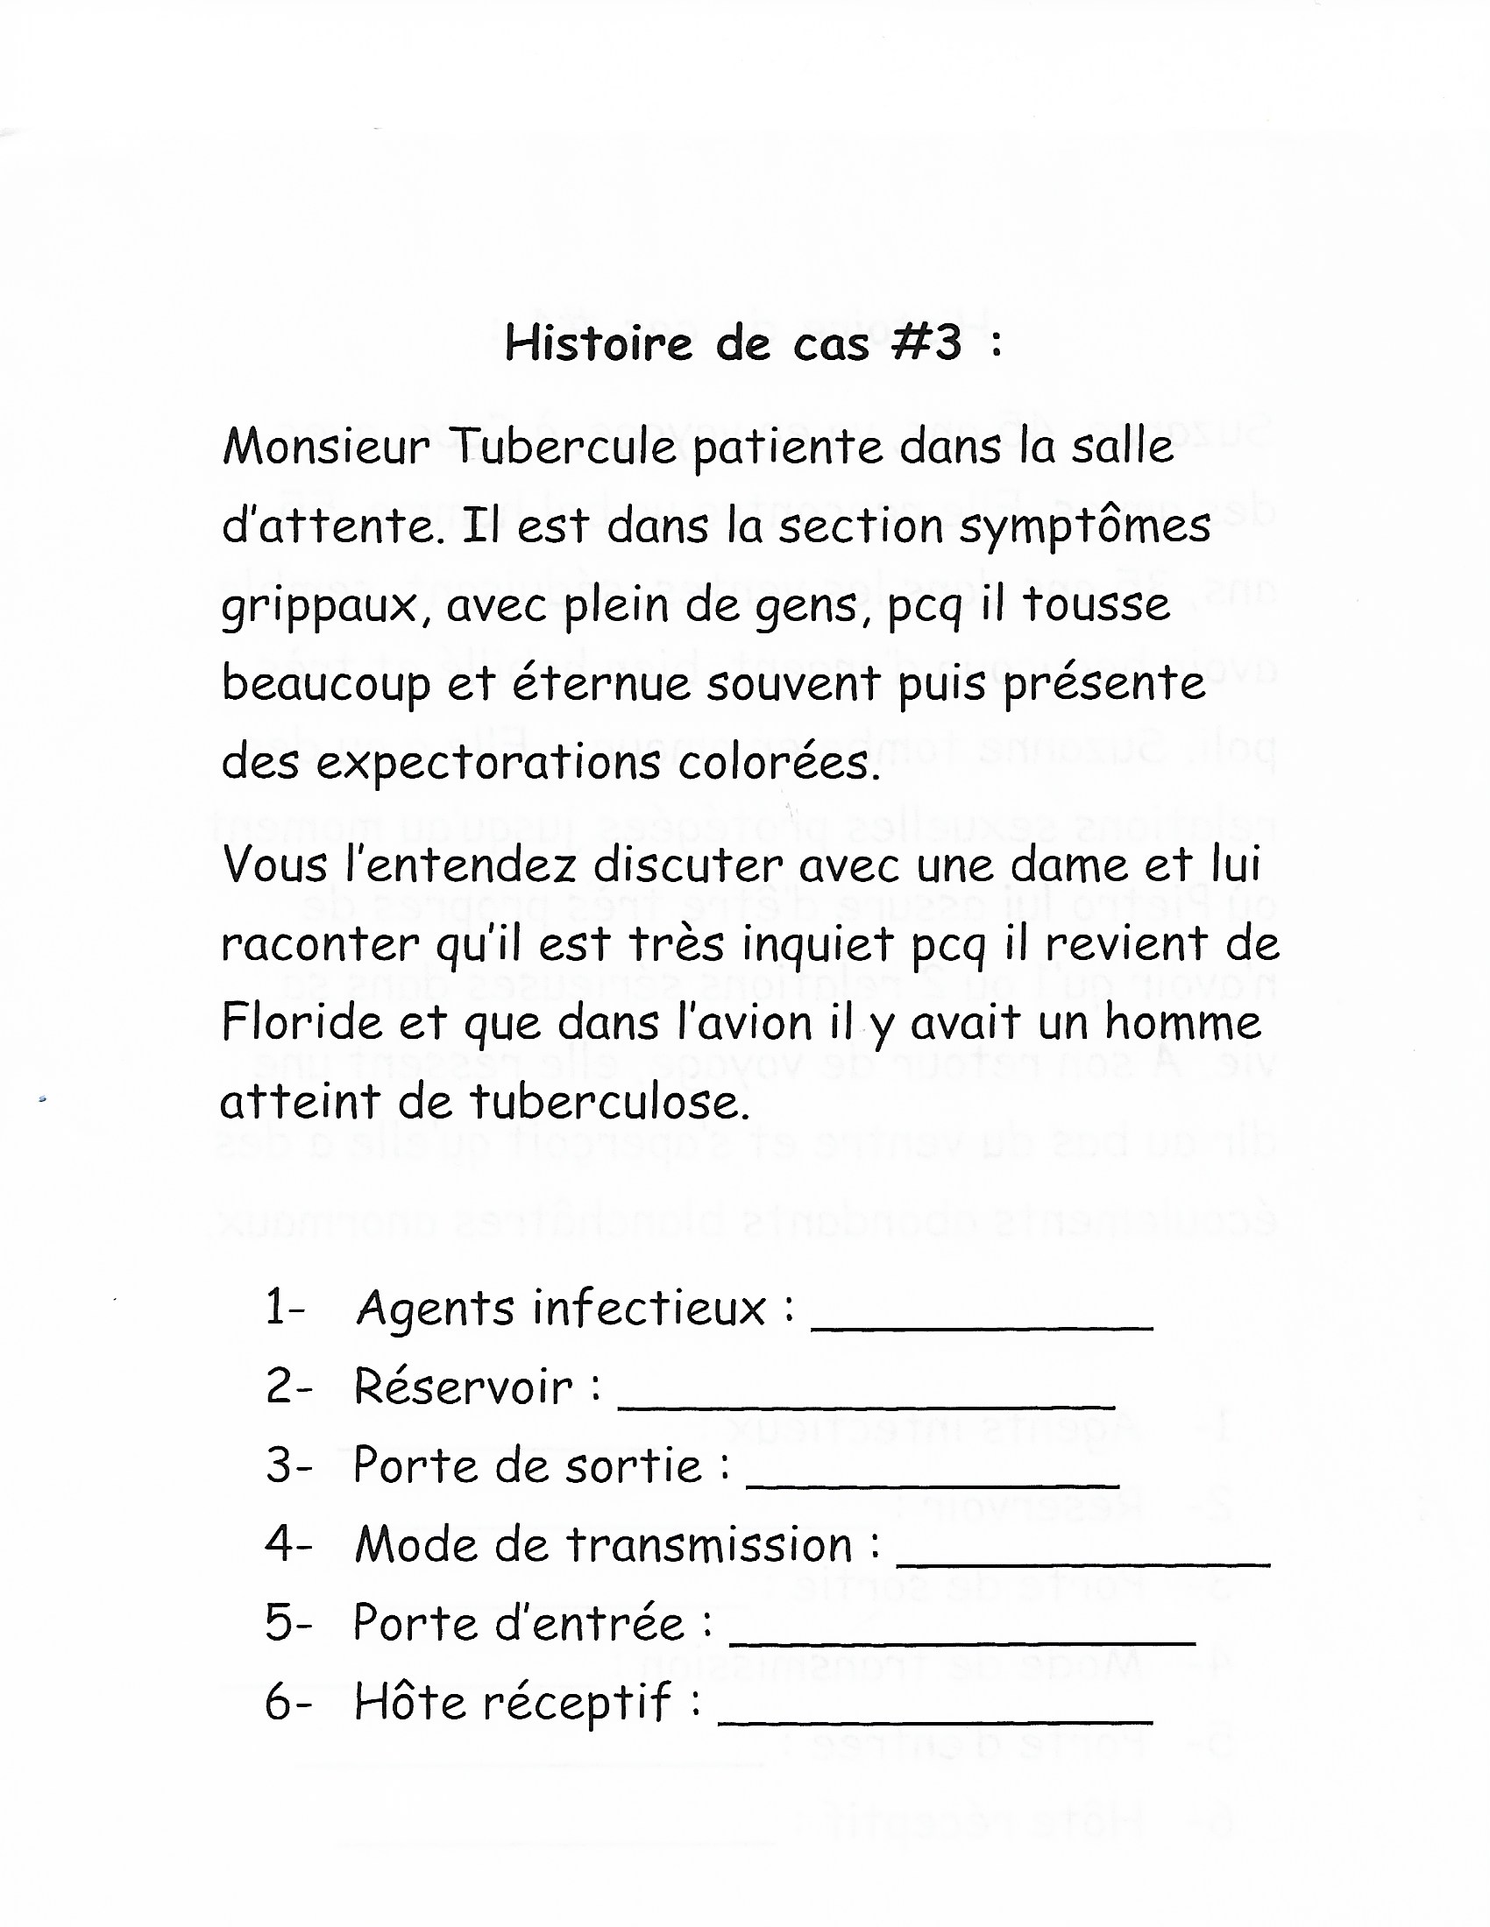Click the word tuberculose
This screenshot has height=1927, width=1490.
(x=610, y=1102)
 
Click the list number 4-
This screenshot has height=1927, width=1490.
(x=287, y=1545)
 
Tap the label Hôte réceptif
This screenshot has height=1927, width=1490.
(x=512, y=1703)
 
